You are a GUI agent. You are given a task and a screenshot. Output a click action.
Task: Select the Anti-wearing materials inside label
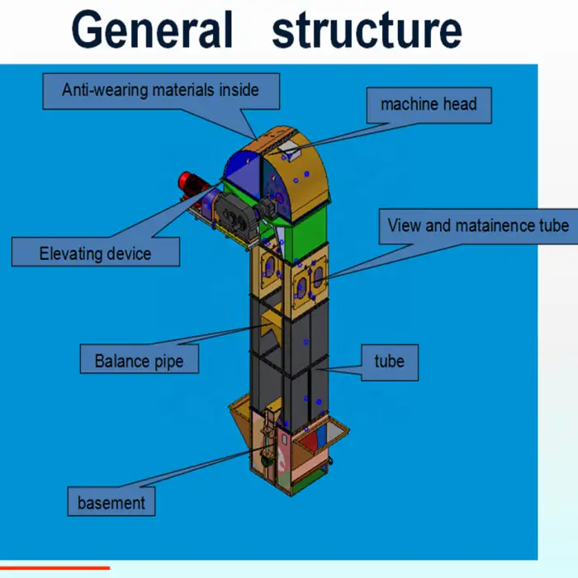point(160,90)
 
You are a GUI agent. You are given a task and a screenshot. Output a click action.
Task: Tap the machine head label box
point(429,105)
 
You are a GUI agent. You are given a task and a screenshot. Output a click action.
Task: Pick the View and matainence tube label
point(477,225)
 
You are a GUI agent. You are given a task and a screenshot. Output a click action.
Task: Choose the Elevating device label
point(95,252)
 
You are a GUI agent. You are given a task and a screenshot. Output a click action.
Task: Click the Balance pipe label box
point(139,361)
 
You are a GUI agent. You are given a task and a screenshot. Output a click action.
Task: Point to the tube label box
point(389,361)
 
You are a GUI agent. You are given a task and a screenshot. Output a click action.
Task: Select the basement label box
point(111,502)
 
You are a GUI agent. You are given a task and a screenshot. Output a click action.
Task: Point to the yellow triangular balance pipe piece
point(268,330)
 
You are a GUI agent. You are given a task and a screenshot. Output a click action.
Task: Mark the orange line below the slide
point(54,568)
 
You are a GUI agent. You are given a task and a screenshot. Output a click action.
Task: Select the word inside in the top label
point(239,90)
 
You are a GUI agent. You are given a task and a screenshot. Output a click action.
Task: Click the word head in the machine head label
point(459,105)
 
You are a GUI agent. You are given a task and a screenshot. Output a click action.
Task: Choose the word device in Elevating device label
point(126,253)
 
